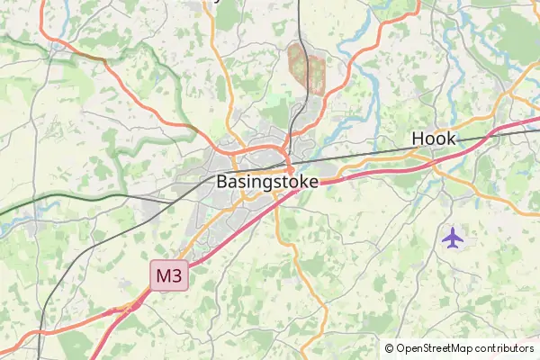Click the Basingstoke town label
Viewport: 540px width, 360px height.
(x=267, y=181)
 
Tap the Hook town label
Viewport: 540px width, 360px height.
(x=434, y=139)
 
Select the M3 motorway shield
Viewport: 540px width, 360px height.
(x=169, y=276)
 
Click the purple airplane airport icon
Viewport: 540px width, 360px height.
(x=453, y=238)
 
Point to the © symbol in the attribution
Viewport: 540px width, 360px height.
(x=390, y=348)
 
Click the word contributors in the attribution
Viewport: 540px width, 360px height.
(x=504, y=348)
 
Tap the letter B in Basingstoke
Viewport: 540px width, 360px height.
(x=222, y=181)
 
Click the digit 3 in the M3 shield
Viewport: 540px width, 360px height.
(x=177, y=276)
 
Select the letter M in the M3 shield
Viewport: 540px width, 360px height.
(x=163, y=276)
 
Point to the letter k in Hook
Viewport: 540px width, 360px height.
(x=452, y=139)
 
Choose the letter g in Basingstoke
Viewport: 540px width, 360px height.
(x=263, y=183)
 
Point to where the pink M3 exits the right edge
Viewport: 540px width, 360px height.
(x=537, y=117)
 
